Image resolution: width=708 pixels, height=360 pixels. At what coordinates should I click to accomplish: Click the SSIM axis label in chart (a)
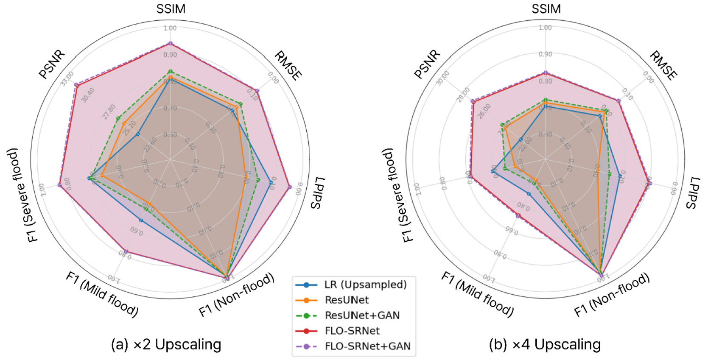pos(171,9)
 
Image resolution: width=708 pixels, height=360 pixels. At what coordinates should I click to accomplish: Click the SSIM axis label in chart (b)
pos(546,9)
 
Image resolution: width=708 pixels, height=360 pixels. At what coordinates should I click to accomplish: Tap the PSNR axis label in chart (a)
pos(52,64)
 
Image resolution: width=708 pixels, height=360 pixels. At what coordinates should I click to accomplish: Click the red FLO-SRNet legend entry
pos(352,331)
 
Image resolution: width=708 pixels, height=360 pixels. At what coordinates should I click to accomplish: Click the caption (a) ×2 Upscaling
pos(166,344)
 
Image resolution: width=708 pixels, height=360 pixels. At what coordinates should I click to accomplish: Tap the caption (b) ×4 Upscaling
pos(545,344)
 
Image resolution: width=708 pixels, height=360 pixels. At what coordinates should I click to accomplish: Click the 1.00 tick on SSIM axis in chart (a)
pos(170,28)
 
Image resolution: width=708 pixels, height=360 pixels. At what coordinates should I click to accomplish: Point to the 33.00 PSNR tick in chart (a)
pos(67,78)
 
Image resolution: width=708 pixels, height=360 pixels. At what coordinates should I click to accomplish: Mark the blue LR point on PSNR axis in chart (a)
pos(138,134)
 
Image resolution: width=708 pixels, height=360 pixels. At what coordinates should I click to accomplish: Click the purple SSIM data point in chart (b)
pos(546,73)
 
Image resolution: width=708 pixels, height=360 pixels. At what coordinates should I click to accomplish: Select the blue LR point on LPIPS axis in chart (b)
pos(620,175)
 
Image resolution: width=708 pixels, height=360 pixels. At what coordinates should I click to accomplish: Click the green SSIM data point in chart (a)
pos(170,71)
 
